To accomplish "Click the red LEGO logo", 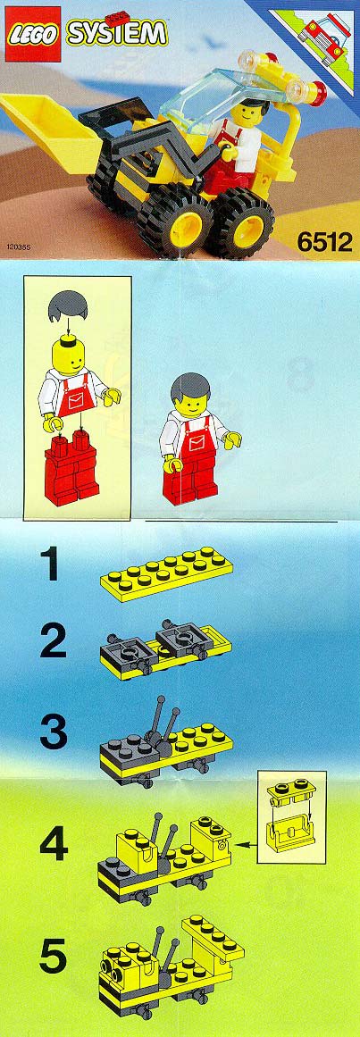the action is pos(34,35).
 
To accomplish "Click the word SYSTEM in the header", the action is pos(116,32).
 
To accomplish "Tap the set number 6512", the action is pos(324,242).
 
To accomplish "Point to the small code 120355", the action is pos(20,249).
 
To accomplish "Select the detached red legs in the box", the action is pos(72,469).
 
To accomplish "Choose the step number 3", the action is pos(53,733).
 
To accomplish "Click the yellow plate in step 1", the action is pos(166,573).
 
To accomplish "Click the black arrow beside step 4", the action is pos(247,843).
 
